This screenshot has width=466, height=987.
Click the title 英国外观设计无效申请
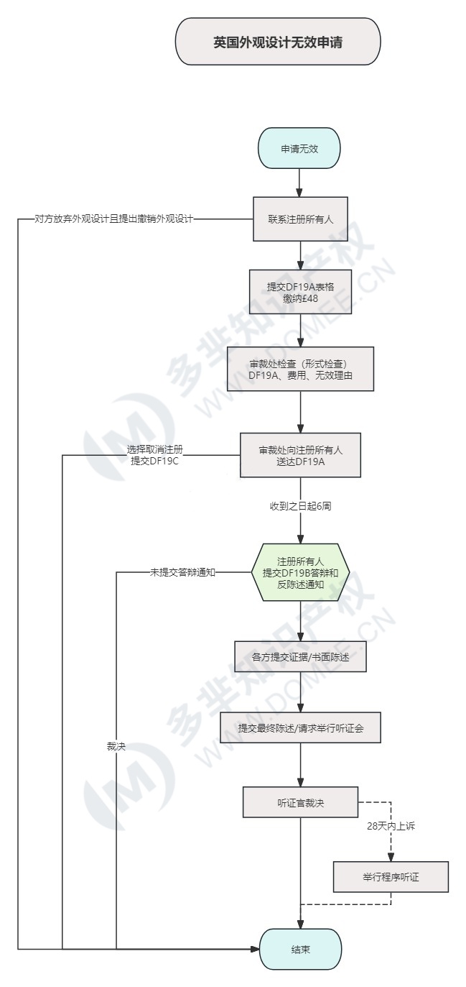tap(278, 42)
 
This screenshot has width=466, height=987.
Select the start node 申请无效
tap(299, 148)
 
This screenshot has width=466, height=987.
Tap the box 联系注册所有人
tap(301, 219)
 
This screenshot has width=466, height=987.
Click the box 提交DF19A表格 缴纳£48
tap(301, 292)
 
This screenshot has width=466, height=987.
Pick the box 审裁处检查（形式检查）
tap(301, 369)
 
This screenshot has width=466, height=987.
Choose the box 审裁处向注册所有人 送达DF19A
tap(301, 455)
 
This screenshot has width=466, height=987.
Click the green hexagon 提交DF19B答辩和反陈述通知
tap(301, 572)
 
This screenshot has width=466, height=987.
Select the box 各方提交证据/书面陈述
tap(301, 656)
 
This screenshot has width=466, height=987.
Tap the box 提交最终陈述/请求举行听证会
tap(301, 728)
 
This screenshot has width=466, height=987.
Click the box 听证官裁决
tap(301, 802)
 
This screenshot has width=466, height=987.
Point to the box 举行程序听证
tap(391, 877)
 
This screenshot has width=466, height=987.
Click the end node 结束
tap(301, 949)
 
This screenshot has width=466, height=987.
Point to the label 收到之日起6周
tap(301, 506)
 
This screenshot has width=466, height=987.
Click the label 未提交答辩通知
tap(182, 572)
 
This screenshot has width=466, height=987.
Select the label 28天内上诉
tap(391, 826)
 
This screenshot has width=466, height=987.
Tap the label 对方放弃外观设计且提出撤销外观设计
tap(114, 219)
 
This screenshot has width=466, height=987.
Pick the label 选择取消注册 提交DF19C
tap(155, 455)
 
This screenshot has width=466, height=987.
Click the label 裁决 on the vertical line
tap(116, 746)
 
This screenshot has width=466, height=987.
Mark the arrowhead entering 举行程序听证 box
tap(391, 857)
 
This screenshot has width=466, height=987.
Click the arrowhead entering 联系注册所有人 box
tap(299, 193)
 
